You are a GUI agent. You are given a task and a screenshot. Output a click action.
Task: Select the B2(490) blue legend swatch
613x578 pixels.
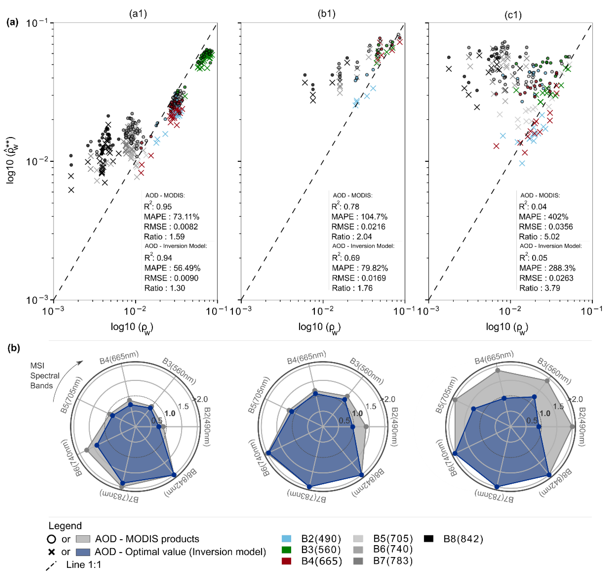(286, 539)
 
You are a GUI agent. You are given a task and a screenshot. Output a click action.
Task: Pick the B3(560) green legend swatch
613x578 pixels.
(286, 550)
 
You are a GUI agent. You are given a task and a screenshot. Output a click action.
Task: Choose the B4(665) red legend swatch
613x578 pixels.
(286, 561)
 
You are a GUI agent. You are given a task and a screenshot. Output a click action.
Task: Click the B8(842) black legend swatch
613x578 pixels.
(429, 539)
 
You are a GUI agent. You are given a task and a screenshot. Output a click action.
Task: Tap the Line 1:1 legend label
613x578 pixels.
(84, 565)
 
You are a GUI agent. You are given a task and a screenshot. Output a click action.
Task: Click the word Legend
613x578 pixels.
(65, 525)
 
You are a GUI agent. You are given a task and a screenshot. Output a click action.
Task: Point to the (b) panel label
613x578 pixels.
(14, 348)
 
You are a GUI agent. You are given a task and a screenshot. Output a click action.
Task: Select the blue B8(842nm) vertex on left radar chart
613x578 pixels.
(174, 475)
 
